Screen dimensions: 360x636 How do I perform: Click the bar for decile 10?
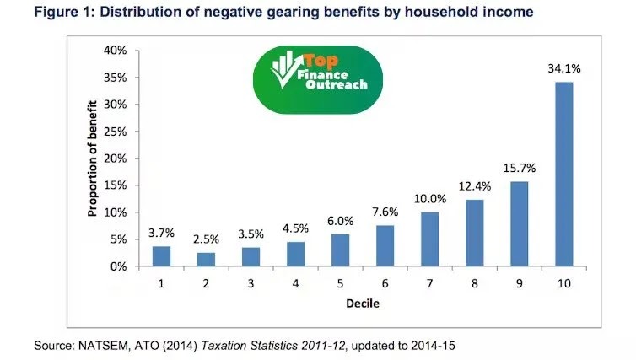563,174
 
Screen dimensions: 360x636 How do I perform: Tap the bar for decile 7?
429,239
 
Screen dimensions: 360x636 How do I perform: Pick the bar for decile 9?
519,223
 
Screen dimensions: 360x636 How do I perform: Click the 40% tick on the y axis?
116,51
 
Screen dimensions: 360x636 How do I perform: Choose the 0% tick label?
119,266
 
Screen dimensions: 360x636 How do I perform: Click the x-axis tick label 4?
295,282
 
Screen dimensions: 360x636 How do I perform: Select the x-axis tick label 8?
474,282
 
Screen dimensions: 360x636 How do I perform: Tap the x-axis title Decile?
362,302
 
